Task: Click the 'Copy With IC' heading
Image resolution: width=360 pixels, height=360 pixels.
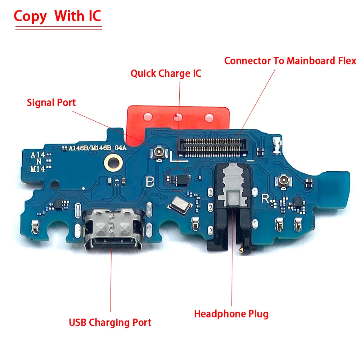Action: pyautogui.click(x=57, y=17)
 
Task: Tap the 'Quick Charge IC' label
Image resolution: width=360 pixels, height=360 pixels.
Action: pyautogui.click(x=166, y=74)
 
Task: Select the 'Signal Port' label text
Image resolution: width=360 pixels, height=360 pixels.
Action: pyautogui.click(x=51, y=103)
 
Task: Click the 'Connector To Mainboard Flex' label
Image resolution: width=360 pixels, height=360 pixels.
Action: pyautogui.click(x=290, y=60)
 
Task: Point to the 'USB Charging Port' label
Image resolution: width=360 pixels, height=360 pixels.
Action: pyautogui.click(x=110, y=322)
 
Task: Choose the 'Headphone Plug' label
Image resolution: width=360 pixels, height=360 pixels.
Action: pyautogui.click(x=231, y=314)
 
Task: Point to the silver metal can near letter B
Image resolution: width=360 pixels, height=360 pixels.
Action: pyautogui.click(x=179, y=206)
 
